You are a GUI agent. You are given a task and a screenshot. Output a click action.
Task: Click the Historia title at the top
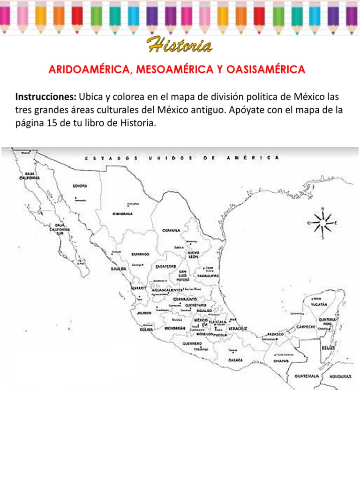click(x=180, y=46)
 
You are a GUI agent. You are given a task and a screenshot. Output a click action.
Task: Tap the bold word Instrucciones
click(x=46, y=97)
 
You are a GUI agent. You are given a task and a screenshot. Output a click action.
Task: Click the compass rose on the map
click(x=322, y=222)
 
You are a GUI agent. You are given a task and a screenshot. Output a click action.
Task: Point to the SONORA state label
click(x=80, y=186)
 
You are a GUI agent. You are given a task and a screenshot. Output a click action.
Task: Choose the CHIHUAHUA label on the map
click(x=122, y=214)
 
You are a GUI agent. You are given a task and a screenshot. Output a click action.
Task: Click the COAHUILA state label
click(x=171, y=230)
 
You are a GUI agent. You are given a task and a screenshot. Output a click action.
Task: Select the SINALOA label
click(x=118, y=269)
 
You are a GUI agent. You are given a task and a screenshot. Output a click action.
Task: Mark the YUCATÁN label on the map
click(x=319, y=304)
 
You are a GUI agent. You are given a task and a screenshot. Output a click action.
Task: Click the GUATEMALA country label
click(x=307, y=376)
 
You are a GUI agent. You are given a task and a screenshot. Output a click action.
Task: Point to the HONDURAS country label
click(x=340, y=376)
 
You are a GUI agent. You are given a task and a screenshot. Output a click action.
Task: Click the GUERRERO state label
click(x=193, y=343)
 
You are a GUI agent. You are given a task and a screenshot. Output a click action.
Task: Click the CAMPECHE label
click(x=305, y=326)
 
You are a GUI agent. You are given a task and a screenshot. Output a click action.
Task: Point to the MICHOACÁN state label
click(x=175, y=328)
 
